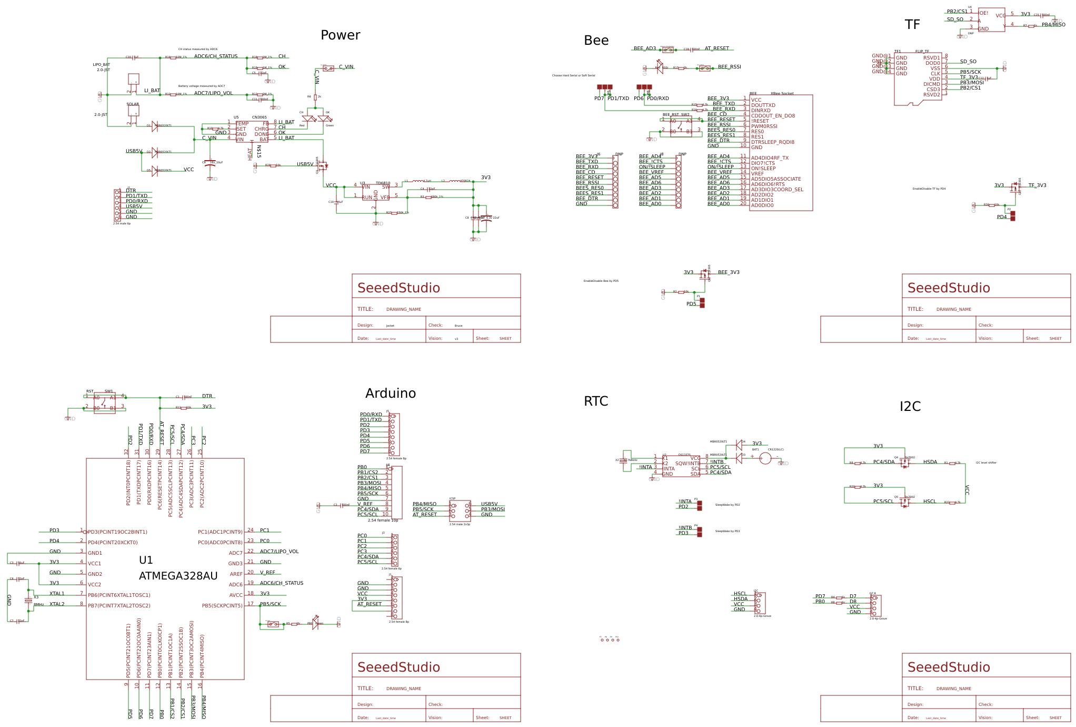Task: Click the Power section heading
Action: coord(340,35)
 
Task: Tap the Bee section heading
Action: coord(596,41)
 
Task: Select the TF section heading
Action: coord(912,25)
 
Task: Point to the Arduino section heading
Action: coord(390,394)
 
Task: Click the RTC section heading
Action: coord(596,401)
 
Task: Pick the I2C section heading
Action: coord(910,407)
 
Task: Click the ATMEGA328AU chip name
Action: coord(178,576)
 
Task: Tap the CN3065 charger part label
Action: coord(259,117)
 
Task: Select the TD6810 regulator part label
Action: coord(383,183)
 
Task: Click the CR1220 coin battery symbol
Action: coord(765,459)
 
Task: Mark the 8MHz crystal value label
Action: coord(39,604)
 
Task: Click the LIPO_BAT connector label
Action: coord(102,65)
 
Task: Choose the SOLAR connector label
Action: coord(133,104)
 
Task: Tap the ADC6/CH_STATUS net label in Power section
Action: coord(216,56)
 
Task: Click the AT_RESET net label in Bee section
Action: coord(716,48)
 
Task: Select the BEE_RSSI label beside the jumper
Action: coord(729,67)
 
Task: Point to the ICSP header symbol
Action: coord(460,510)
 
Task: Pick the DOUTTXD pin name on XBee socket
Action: coord(763,105)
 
